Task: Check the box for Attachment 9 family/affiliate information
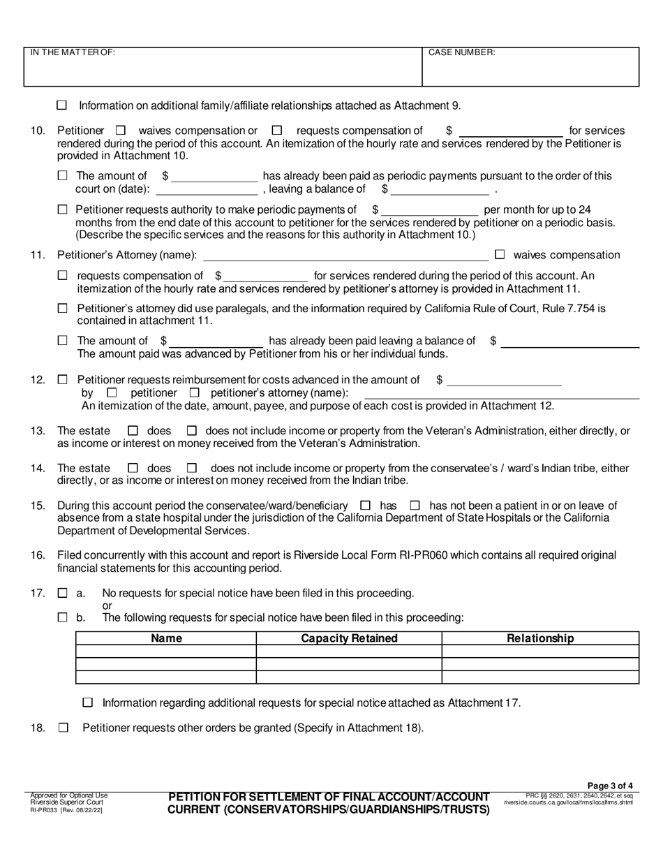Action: [61, 105]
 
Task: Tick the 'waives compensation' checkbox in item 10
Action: [121, 130]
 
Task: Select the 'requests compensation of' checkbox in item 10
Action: [277, 130]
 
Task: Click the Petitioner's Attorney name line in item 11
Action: [345, 256]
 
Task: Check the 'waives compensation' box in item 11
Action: [500, 255]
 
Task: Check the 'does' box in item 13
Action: [135, 431]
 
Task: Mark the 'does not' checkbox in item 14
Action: [193, 468]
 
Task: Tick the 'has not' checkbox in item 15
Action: [415, 505]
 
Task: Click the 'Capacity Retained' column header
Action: [349, 638]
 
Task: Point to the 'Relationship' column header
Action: [540, 638]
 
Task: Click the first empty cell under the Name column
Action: [166, 651]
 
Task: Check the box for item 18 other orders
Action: [64, 728]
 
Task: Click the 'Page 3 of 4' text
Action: [611, 786]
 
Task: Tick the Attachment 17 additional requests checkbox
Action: [88, 703]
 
